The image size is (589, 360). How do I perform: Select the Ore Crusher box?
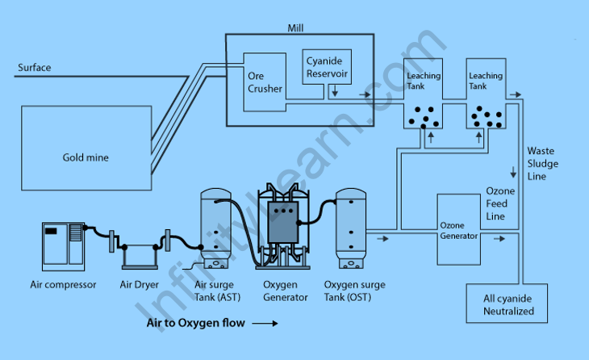265,81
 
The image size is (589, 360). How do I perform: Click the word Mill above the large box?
295,27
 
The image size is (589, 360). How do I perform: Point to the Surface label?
34,68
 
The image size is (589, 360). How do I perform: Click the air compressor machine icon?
64,245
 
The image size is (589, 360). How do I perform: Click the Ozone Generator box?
458,230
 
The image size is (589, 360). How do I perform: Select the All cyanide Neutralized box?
508,304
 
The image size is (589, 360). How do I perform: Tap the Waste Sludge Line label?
542,164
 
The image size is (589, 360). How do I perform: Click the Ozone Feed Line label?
495,204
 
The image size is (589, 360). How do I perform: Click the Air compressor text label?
64,285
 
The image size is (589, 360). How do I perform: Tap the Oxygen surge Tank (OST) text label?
354,291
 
